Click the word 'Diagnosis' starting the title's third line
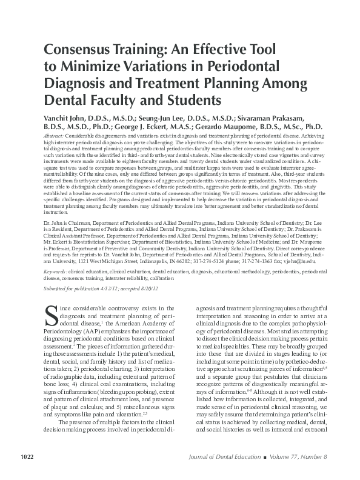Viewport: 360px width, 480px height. point(78,82)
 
